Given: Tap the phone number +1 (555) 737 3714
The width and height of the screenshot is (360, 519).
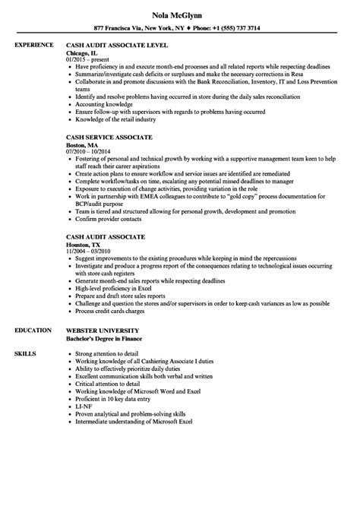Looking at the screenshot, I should coord(234,27).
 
